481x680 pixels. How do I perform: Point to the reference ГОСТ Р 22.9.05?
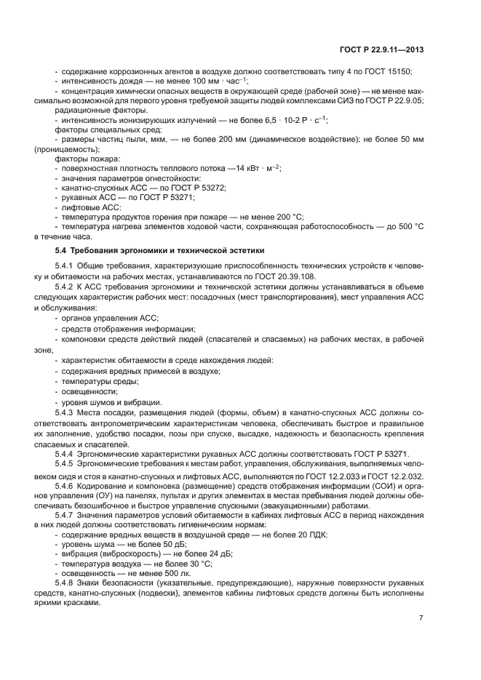click(394, 100)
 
